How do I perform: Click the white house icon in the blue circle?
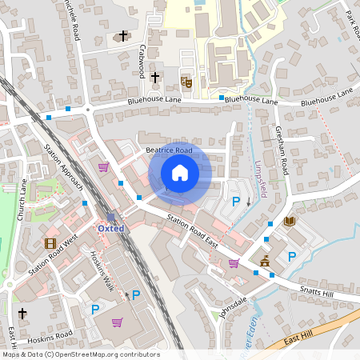[x=179, y=172]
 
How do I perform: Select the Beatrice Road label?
[x=169, y=150]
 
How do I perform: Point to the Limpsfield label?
[x=260, y=177]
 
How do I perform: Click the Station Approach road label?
[x=64, y=169]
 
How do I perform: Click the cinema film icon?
[x=50, y=243]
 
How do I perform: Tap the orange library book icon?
[x=290, y=221]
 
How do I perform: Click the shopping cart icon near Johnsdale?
[x=234, y=262]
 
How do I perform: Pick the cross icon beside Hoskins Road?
[x=22, y=314]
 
